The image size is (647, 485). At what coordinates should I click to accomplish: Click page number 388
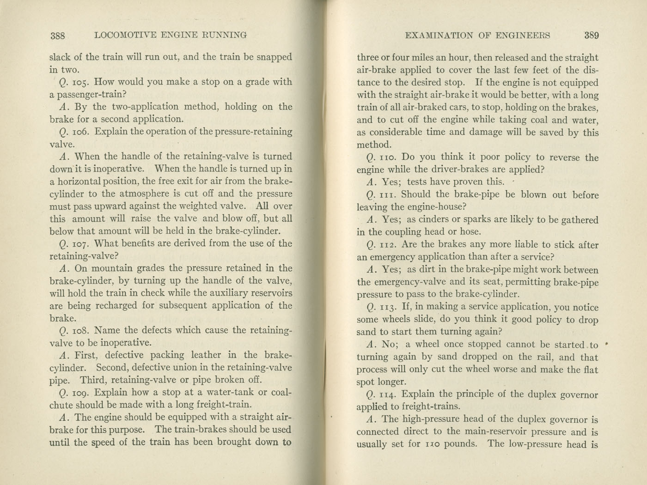[x=58, y=36]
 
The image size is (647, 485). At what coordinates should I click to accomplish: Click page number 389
[x=591, y=36]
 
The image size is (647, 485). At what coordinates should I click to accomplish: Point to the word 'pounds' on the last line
[x=460, y=444]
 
